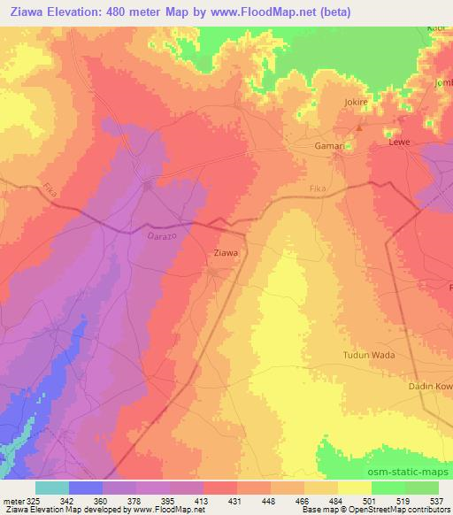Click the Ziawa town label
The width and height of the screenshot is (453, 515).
(x=226, y=253)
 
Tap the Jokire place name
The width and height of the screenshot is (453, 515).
(x=355, y=103)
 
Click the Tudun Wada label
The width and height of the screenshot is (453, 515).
(x=369, y=355)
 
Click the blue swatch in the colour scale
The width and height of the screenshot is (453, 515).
(x=86, y=488)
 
